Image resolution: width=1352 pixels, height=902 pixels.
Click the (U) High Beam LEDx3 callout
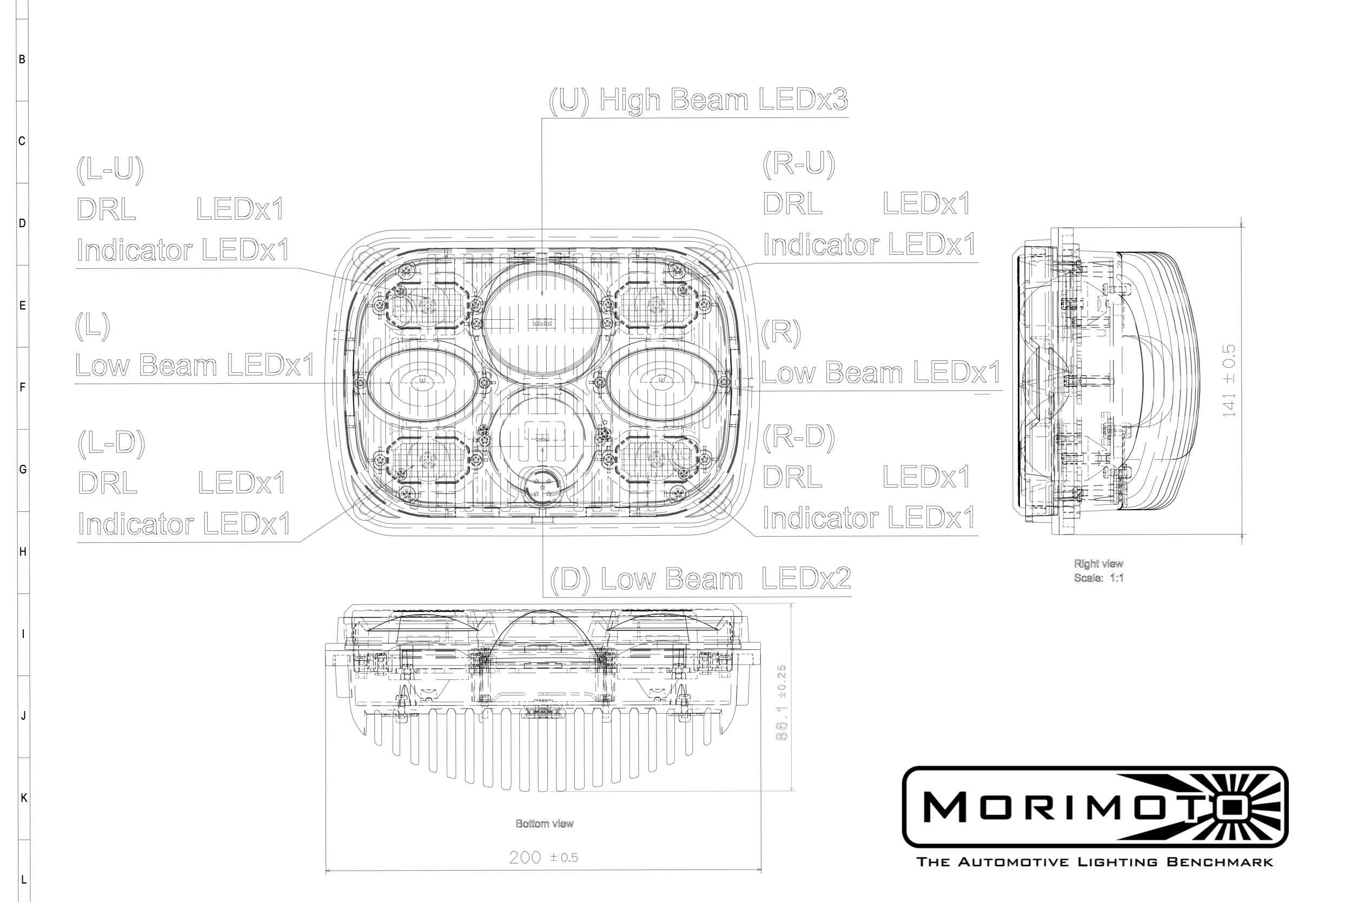pos(698,100)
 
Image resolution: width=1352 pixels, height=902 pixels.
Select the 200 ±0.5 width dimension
pos(543,857)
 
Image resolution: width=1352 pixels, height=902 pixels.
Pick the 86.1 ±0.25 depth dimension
pos(781,702)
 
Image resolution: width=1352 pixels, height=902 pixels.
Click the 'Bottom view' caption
pos(545,824)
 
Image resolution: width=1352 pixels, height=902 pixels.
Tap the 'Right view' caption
pos(1098,564)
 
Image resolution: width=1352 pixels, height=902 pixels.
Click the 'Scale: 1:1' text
pos(1098,578)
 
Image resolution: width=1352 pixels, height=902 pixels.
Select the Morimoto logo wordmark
pos(1063,807)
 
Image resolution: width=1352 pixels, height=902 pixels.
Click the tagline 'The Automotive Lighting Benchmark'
pos(1095,862)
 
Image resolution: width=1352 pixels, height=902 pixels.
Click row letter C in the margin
pos(22,141)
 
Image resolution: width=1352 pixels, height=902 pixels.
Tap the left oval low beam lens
pos(421,381)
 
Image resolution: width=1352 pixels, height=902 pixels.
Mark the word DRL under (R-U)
pos(792,203)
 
